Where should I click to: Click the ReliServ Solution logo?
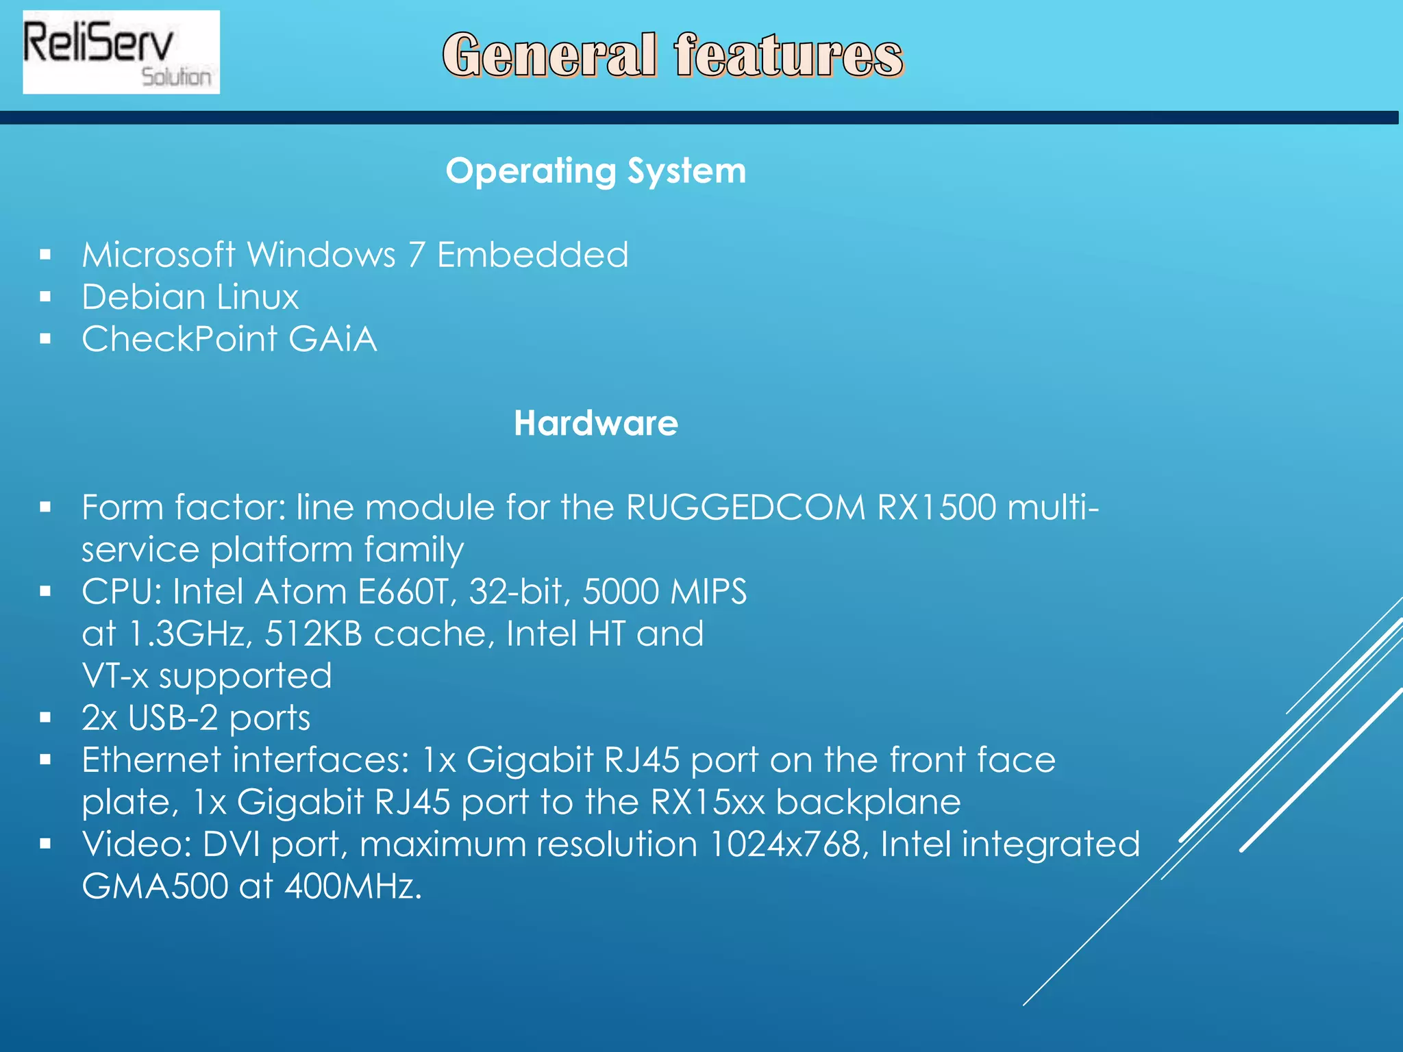point(121,52)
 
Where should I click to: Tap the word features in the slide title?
point(789,55)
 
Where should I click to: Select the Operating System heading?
point(595,171)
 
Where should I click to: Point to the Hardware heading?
point(595,423)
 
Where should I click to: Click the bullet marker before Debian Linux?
point(46,297)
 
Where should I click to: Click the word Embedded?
point(532,255)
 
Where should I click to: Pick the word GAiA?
point(332,339)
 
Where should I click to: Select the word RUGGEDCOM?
point(745,508)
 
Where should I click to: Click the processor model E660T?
point(407,592)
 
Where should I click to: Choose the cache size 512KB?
point(313,634)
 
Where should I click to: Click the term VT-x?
point(115,676)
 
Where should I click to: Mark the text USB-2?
point(173,718)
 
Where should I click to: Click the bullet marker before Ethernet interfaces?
point(46,760)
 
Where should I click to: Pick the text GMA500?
point(155,886)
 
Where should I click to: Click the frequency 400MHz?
point(352,886)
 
